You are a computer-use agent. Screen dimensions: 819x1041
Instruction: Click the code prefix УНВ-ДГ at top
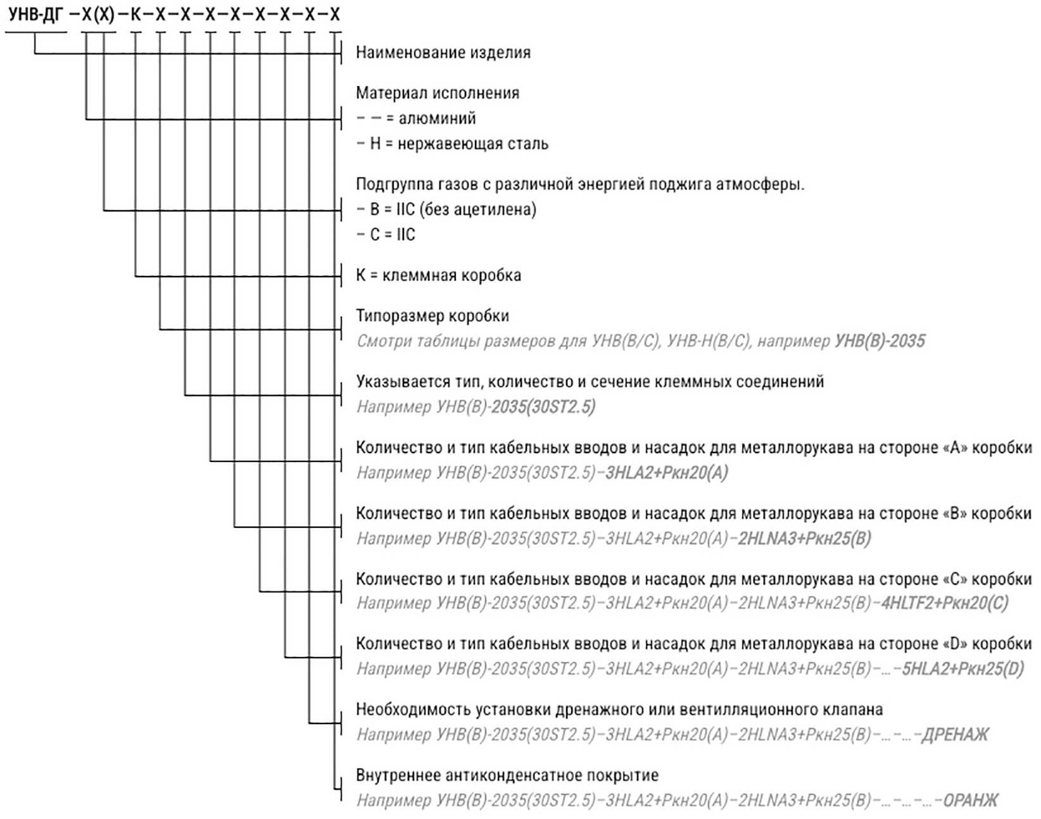pyautogui.click(x=35, y=14)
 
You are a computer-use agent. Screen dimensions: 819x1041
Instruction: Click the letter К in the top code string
pyautogui.click(x=135, y=14)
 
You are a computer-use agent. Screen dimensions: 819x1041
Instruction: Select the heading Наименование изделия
pyautogui.click(x=443, y=53)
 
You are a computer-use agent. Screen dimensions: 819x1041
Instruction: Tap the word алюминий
pyautogui.click(x=437, y=118)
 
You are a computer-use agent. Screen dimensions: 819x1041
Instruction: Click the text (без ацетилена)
pyautogui.click(x=477, y=209)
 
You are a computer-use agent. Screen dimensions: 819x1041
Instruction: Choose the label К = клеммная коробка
pyautogui.click(x=438, y=275)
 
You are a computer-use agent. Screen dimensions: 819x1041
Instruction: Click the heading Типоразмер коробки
pyautogui.click(x=432, y=316)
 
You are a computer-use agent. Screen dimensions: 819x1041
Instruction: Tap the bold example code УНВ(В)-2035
pyautogui.click(x=880, y=341)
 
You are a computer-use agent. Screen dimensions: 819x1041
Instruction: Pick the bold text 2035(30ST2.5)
pyautogui.click(x=543, y=407)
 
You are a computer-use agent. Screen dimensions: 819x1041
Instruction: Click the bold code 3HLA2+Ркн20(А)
pyautogui.click(x=666, y=473)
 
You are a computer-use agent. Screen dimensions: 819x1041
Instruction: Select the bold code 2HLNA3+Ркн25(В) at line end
pyautogui.click(x=804, y=539)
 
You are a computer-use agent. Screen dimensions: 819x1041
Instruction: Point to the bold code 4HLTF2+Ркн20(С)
pyautogui.click(x=944, y=603)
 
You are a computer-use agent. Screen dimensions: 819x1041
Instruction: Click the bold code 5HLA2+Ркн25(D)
pyautogui.click(x=962, y=669)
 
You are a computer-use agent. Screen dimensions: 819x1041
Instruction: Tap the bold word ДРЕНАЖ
pyautogui.click(x=954, y=735)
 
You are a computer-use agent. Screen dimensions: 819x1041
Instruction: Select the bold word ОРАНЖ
pyautogui.click(x=970, y=801)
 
